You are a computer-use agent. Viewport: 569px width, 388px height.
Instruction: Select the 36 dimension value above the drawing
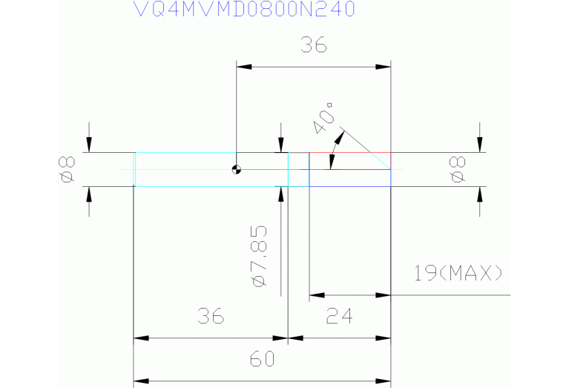(313, 46)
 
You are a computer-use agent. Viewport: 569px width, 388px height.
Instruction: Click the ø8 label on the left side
(66, 169)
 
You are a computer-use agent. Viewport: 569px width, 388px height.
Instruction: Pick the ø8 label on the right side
(458, 169)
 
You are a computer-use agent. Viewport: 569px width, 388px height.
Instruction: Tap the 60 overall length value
(262, 360)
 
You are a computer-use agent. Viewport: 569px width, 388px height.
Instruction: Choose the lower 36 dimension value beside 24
(210, 318)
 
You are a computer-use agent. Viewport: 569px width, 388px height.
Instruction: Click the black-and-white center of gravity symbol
(236, 169)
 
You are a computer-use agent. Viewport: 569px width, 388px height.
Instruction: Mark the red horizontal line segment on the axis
(349, 169)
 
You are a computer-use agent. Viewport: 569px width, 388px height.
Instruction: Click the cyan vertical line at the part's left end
(134, 169)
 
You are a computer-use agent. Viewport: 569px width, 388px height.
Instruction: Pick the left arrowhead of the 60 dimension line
(139, 381)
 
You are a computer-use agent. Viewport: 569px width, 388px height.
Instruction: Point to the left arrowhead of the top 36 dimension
(242, 67)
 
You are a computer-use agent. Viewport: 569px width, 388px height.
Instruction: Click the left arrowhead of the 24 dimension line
(315, 295)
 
